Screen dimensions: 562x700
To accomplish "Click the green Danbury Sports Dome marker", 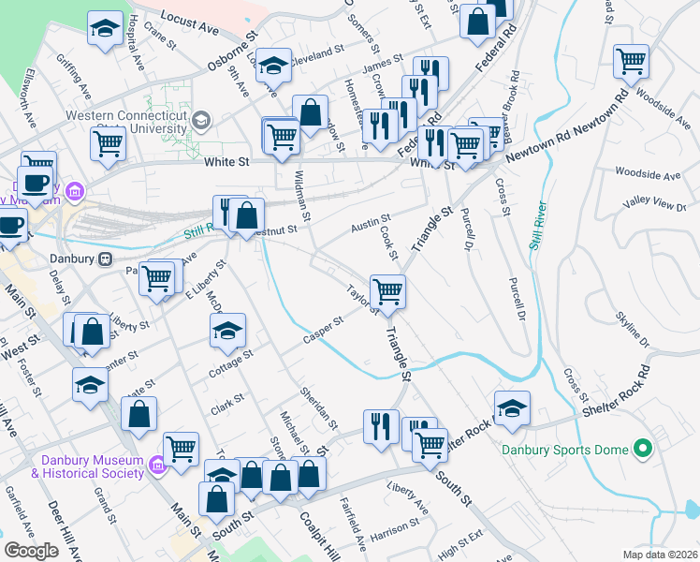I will click(642, 451).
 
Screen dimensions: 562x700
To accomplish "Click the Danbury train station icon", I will click(107, 258).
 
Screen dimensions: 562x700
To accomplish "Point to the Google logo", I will click(31, 551).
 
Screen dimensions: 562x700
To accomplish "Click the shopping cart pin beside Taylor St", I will click(387, 290).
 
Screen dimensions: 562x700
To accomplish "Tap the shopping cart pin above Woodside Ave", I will click(632, 62).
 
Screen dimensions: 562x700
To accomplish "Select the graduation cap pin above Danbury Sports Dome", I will click(512, 407).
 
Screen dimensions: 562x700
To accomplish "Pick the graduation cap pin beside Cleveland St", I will click(273, 65).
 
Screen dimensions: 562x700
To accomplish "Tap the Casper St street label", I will click(324, 332).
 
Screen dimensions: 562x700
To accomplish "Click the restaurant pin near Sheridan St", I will click(378, 426).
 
